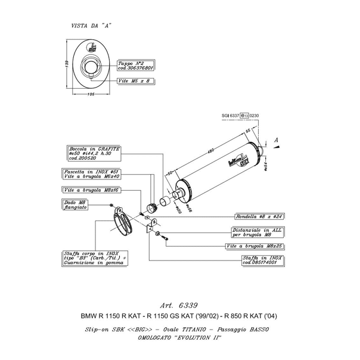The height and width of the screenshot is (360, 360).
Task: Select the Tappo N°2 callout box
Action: point(136,65)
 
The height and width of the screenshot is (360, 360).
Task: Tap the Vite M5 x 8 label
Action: point(135,79)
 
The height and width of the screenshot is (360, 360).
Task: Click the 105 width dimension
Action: point(91,94)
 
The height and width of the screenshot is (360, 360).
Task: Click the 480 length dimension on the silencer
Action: point(210,152)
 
